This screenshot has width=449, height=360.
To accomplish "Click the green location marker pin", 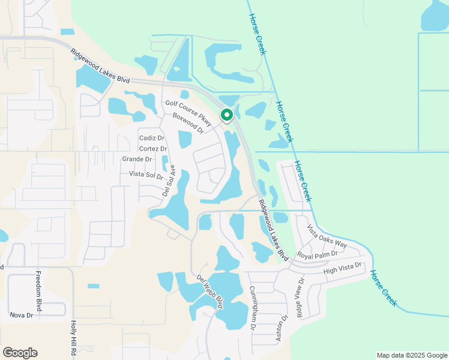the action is coord(227,115).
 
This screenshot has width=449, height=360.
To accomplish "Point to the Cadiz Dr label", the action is coord(151,138).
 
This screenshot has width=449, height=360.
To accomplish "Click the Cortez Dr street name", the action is coord(152,149).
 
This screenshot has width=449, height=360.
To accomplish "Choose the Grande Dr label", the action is coord(136,159).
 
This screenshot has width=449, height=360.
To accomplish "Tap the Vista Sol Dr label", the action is coord(146,175).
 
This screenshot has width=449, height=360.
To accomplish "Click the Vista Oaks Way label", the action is coord(327,236).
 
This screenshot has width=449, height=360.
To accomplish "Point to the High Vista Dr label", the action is coord(343,269).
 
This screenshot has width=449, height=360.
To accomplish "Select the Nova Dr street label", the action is coord(20,314).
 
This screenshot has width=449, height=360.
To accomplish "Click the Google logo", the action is coord(20,353).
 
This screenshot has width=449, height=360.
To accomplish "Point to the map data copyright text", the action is coord(412,355).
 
